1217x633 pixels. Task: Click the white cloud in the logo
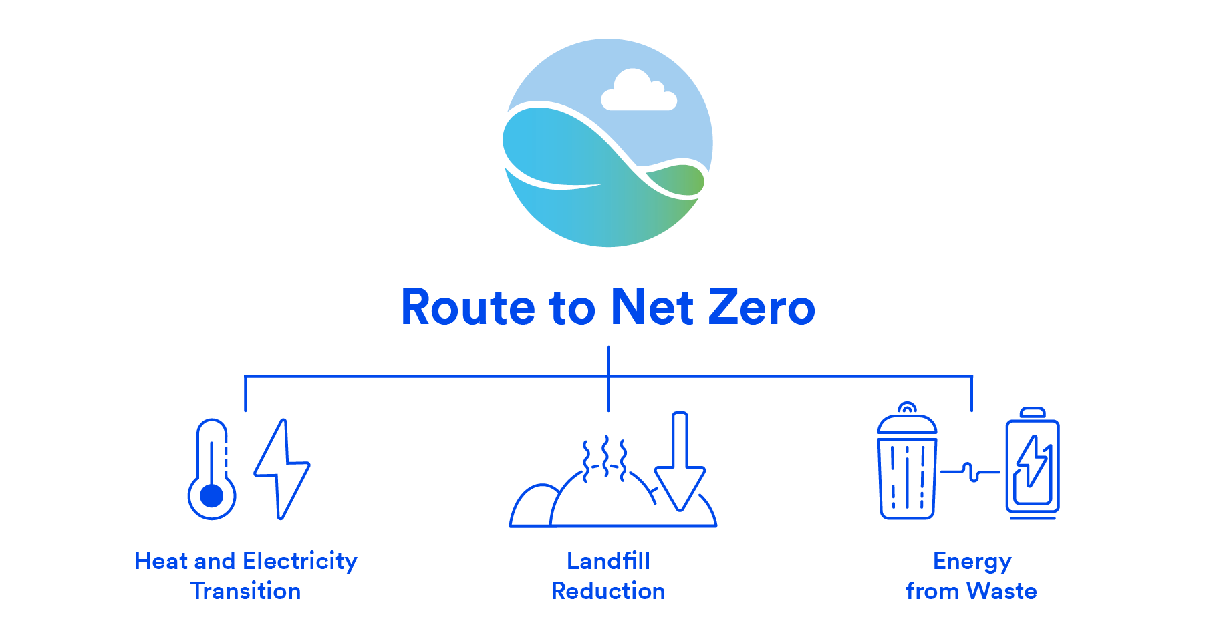(x=638, y=92)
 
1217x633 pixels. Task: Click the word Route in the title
(x=468, y=308)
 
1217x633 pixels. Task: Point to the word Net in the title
(x=652, y=308)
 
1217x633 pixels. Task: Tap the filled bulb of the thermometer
(x=212, y=496)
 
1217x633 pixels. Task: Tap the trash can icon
(x=906, y=467)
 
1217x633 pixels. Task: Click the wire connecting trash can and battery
(x=970, y=472)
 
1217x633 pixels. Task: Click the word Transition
(x=245, y=591)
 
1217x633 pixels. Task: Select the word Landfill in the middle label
(x=608, y=561)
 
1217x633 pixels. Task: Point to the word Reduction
(x=608, y=591)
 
